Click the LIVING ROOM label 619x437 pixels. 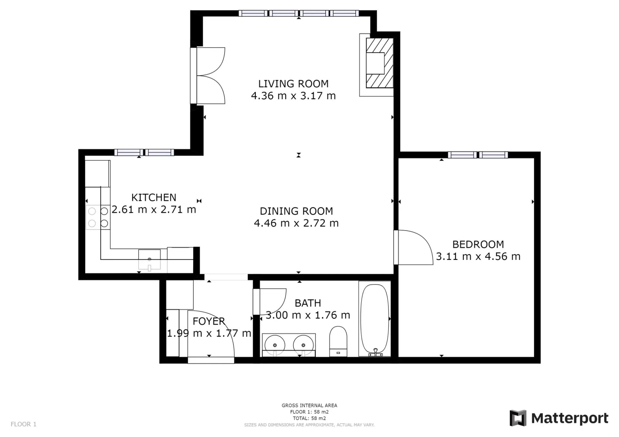coord(293,84)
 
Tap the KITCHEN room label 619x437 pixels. coord(154,197)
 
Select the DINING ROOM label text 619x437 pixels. coord(296,211)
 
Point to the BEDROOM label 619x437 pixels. coord(478,244)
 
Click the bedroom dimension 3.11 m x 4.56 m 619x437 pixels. coord(478,256)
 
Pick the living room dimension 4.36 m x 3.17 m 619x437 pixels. coord(293,96)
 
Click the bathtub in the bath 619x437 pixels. coord(375,319)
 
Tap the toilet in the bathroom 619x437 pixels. coord(338,341)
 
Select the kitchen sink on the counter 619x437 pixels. coord(149,260)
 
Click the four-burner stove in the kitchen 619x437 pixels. coord(98,217)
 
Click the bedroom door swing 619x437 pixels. coord(416,247)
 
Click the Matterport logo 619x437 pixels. coord(559,418)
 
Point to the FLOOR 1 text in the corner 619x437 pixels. coord(24,424)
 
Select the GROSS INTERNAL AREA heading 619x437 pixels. coord(309,405)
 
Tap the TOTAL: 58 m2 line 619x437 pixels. coord(309,418)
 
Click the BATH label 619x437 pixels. coord(308,303)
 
